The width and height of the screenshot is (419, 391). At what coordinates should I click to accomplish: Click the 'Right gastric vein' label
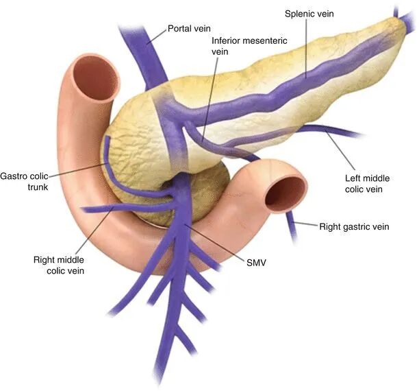point(354,226)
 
